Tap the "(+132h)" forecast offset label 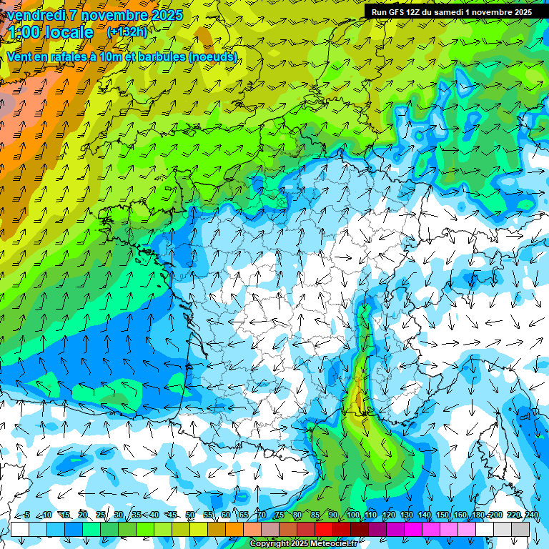point(127,31)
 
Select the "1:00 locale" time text point(50,32)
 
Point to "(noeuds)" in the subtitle point(213,56)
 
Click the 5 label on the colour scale point(27,515)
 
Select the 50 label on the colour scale point(190,515)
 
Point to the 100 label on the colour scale point(352,515)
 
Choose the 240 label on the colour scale point(532,515)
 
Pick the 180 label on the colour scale point(478,515)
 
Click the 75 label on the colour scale point(280,515)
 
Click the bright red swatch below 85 point(324,529)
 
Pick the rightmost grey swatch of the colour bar point(520,529)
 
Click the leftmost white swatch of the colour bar point(20,529)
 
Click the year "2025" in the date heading point(167,15)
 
